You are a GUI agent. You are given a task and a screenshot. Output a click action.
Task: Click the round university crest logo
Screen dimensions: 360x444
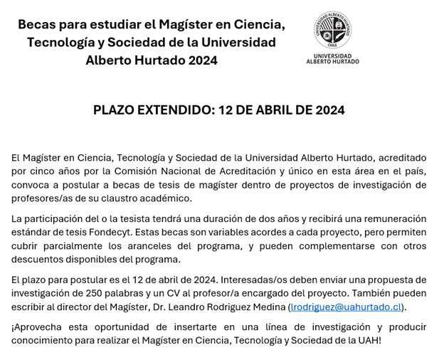coord(332,31)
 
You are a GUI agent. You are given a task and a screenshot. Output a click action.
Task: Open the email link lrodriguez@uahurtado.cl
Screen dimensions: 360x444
coord(347,307)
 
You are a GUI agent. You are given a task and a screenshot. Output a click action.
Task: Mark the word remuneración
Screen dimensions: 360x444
coord(393,218)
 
